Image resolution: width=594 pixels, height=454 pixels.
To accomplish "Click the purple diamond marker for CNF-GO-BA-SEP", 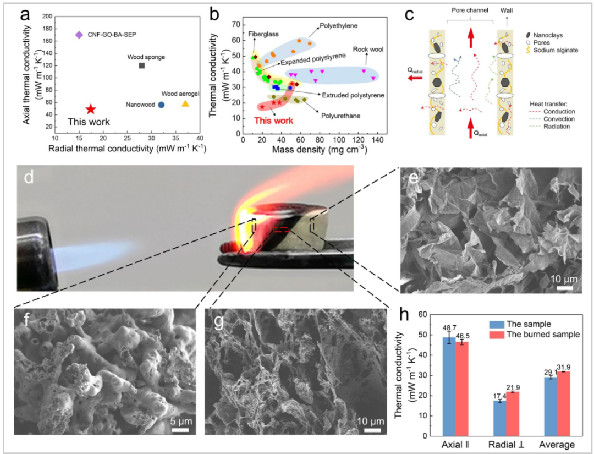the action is click(79, 35).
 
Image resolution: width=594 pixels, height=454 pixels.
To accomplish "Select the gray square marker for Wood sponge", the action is click(142, 65).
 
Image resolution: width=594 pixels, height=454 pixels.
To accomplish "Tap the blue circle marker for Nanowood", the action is click(161, 105).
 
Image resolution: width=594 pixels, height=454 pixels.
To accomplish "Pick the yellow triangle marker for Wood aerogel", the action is click(185, 103).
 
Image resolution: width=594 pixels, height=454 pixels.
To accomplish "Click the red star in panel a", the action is click(91, 110).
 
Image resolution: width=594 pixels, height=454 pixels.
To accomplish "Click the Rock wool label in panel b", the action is click(368, 50).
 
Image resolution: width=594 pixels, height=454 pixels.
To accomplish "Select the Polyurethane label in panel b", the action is click(340, 116).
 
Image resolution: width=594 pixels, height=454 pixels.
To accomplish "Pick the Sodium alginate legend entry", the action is click(552, 50).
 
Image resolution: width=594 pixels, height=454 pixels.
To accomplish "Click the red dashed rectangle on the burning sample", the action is click(281, 229).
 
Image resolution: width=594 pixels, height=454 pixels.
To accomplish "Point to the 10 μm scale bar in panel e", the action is click(564, 288).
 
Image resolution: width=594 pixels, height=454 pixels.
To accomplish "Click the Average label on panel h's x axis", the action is click(557, 445).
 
